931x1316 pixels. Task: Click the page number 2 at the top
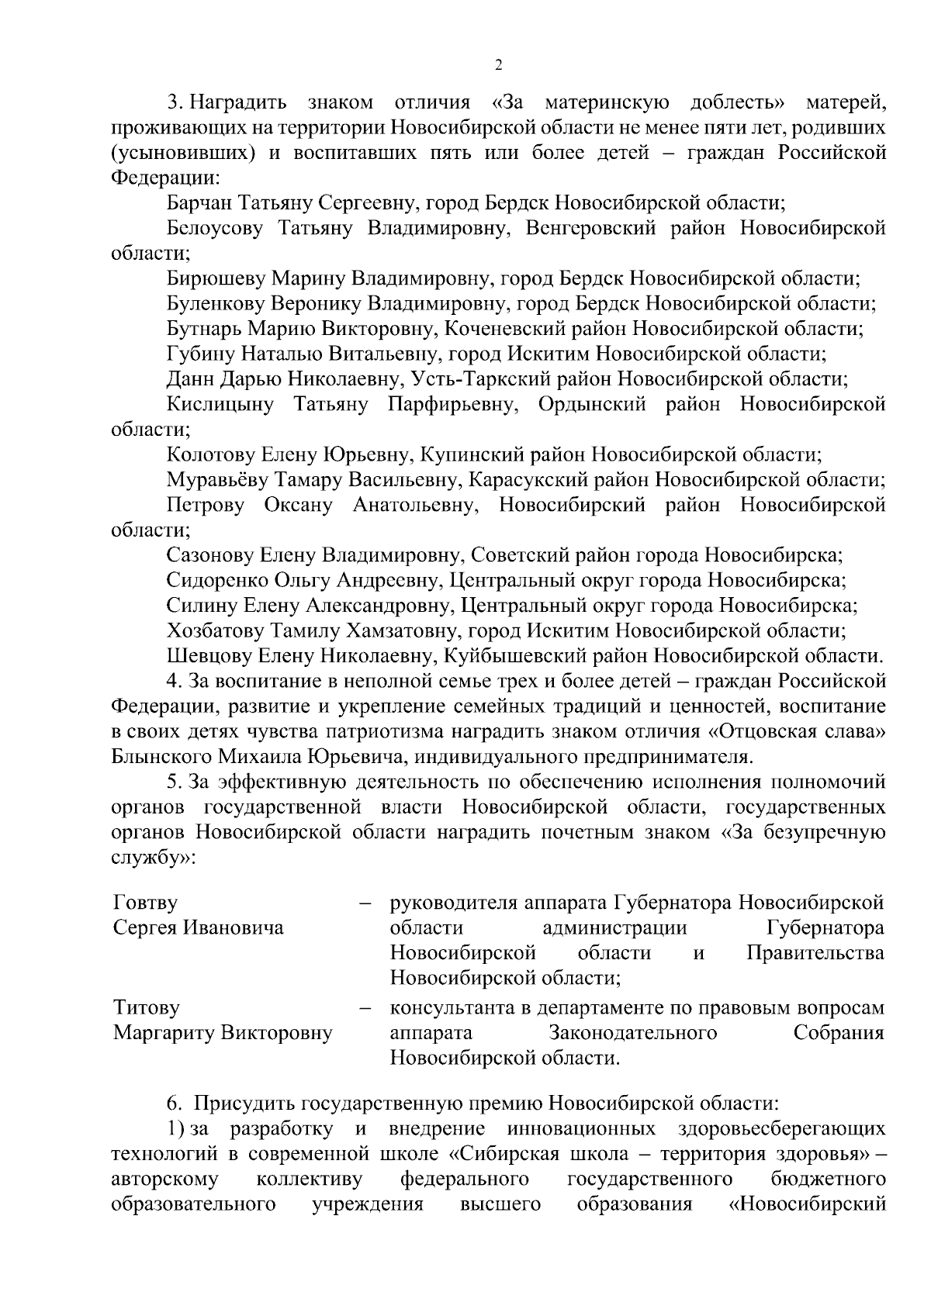(x=498, y=65)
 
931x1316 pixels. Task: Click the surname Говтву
(x=145, y=903)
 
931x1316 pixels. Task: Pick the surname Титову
(x=147, y=1008)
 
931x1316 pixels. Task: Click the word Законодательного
(x=632, y=1034)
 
